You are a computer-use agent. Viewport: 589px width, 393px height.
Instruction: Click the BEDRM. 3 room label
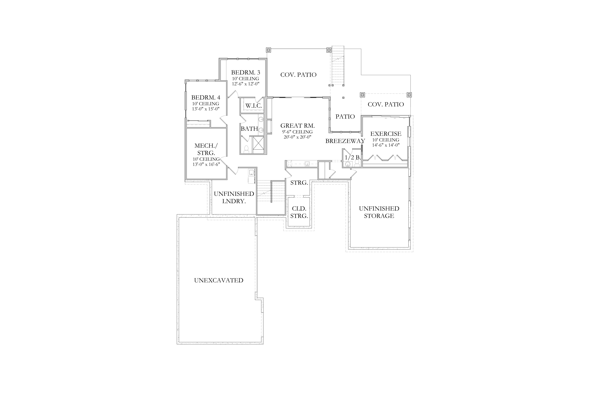[x=245, y=72]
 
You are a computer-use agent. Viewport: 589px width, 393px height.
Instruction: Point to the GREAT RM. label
[x=298, y=126]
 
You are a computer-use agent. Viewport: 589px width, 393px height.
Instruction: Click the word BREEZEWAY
[x=345, y=141]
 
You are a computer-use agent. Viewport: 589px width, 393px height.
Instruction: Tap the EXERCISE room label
[x=386, y=134]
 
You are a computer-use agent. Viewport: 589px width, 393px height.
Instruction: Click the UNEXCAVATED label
[x=219, y=280]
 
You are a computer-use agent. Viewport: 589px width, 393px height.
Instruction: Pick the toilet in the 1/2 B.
[x=357, y=163]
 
